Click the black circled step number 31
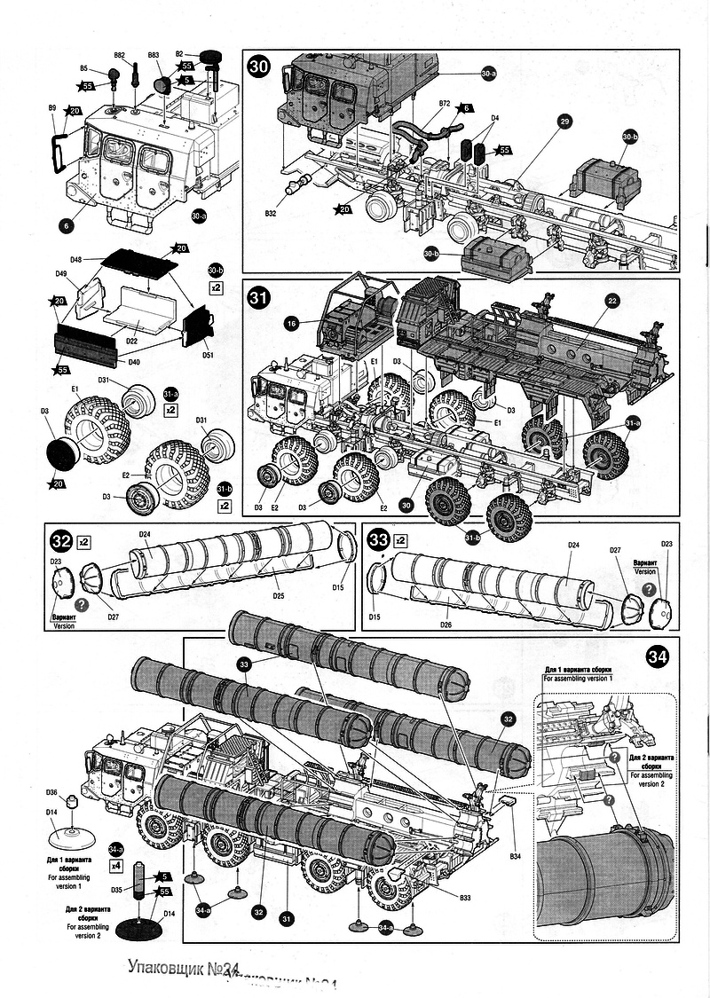[259, 295]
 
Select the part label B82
[121, 56]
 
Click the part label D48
[75, 259]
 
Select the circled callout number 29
[564, 120]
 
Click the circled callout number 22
[612, 302]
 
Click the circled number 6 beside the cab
[66, 225]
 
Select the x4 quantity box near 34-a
[116, 864]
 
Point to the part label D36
[51, 792]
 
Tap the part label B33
[465, 899]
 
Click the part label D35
[116, 889]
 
